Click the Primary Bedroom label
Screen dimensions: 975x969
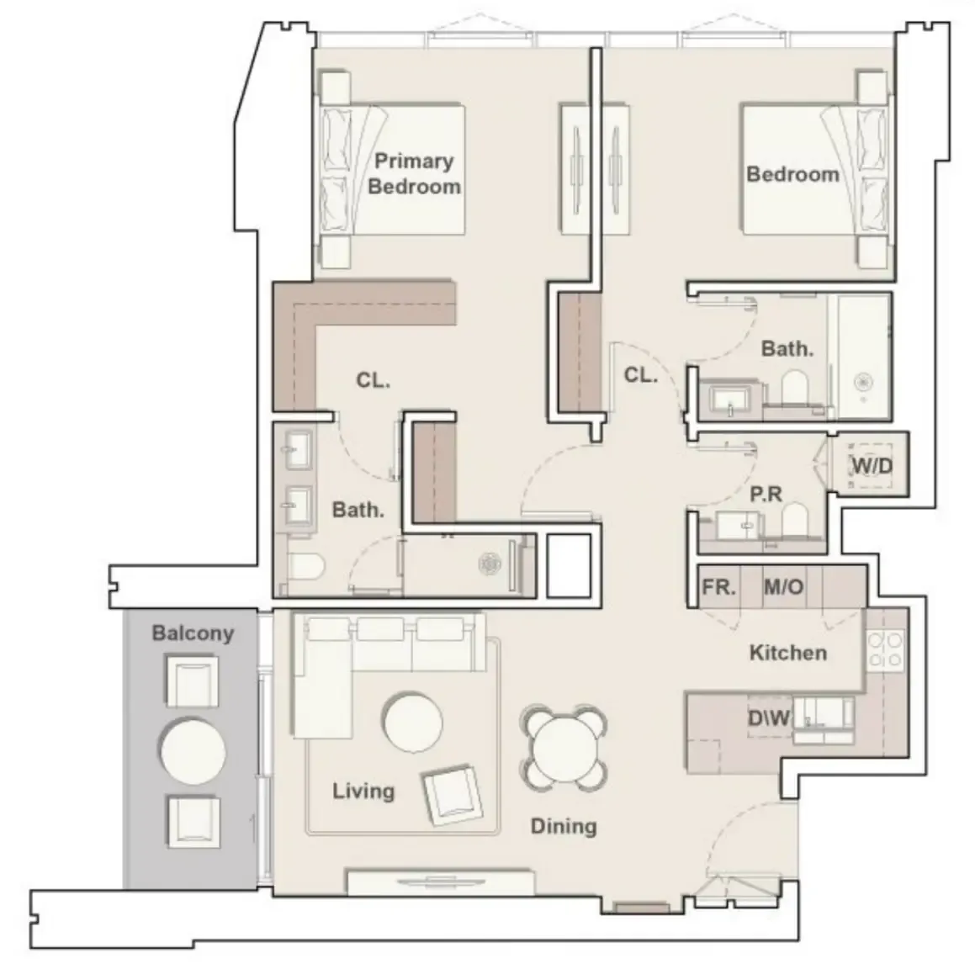414,173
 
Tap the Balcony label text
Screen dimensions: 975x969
193,633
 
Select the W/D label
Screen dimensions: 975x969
872,465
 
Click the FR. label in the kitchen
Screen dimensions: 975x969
718,587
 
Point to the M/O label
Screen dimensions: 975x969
783,587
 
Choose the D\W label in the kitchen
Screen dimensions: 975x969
769,717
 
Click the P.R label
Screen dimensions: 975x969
766,494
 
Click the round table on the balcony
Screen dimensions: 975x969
193,751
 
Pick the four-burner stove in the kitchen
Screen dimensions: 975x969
886,649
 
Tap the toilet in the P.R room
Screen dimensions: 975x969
794,519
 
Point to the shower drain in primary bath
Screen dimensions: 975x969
490,564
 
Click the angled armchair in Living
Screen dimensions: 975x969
453,795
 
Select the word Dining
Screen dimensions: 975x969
564,826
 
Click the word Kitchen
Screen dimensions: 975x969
788,653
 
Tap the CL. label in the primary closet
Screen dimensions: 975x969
373,379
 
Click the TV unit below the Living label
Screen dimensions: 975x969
440,882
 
